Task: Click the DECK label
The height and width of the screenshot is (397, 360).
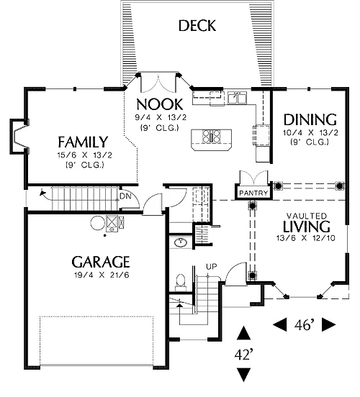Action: [x=197, y=26]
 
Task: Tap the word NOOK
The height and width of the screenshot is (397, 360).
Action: [x=159, y=104]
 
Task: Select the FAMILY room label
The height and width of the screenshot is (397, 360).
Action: [x=83, y=142]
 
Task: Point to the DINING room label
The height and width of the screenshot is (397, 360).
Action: [x=310, y=120]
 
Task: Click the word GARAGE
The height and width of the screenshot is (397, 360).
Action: [x=101, y=262]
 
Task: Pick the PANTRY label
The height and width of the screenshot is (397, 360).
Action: [x=253, y=193]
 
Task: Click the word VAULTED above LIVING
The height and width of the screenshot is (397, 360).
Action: [x=307, y=216]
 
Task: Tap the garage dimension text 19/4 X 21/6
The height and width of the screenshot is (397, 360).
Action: [x=102, y=275]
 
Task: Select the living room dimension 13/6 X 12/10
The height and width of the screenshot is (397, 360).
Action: [x=306, y=238]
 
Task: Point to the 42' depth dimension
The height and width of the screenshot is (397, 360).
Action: [x=243, y=355]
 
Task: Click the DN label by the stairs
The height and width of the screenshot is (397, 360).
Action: [x=125, y=196]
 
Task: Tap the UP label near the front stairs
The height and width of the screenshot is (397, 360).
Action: [x=212, y=267]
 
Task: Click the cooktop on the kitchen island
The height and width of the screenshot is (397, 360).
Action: [x=211, y=136]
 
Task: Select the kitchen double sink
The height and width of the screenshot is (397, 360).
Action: [x=237, y=98]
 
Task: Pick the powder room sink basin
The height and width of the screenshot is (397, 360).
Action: [x=181, y=242]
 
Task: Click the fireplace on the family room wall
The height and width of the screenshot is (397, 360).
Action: [x=19, y=136]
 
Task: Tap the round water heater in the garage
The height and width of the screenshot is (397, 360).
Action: [x=98, y=223]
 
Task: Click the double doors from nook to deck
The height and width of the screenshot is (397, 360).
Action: [x=158, y=83]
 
